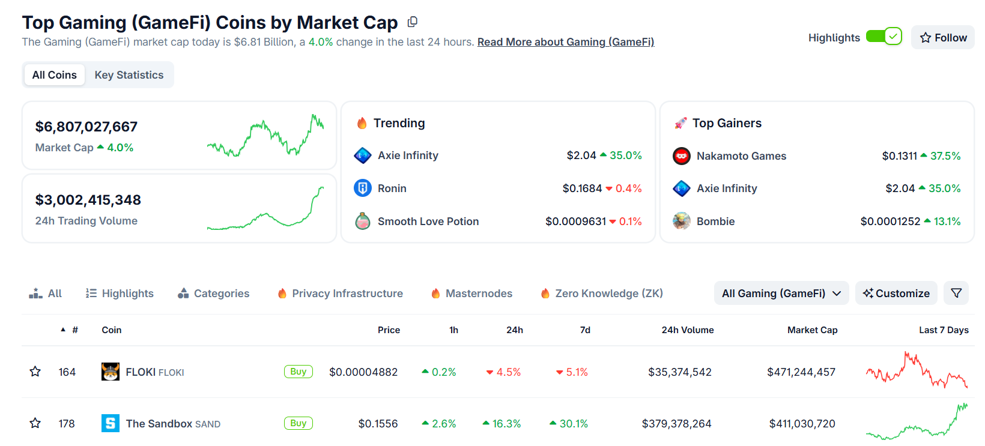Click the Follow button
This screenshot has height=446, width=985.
click(x=943, y=38)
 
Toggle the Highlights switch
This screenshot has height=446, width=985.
click(x=883, y=37)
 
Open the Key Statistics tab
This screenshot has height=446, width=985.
click(x=129, y=75)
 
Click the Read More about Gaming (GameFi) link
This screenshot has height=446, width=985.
click(x=565, y=42)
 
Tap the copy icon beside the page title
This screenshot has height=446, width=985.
click(x=412, y=22)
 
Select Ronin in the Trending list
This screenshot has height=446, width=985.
click(x=392, y=188)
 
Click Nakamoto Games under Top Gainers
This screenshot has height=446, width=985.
click(x=741, y=156)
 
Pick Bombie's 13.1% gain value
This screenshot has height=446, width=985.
click(x=947, y=221)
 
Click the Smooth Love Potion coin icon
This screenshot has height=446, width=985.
click(x=363, y=221)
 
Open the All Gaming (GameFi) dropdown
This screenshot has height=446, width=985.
click(x=781, y=294)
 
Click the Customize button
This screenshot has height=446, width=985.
click(x=896, y=294)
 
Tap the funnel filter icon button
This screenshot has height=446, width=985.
click(x=956, y=294)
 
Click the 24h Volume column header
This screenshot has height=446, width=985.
click(x=687, y=330)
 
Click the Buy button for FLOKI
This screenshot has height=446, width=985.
click(x=298, y=372)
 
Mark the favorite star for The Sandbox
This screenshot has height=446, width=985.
click(x=35, y=423)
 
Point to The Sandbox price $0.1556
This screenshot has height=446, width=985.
click(x=378, y=424)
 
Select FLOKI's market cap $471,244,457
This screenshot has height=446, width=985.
click(x=801, y=372)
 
